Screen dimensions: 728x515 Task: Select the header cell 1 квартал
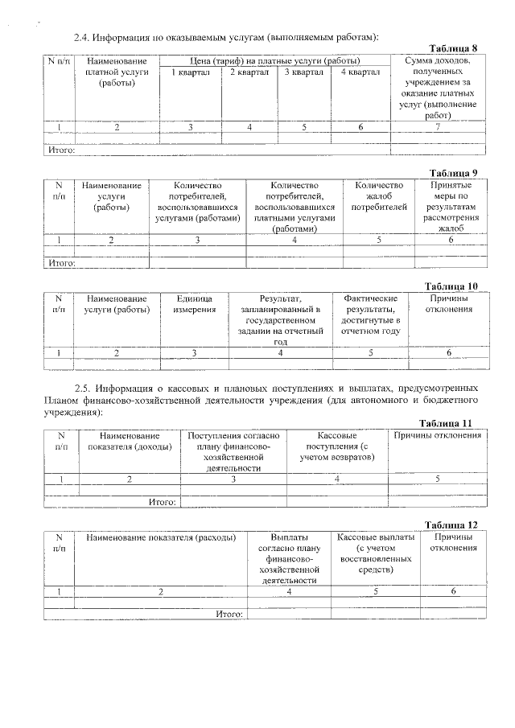coord(191,72)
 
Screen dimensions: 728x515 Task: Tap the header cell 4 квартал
coord(360,72)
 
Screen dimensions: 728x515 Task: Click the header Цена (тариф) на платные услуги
coord(274,61)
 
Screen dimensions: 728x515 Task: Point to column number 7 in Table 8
coord(438,127)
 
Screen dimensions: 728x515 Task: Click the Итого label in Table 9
coord(61,262)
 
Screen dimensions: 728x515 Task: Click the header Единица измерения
coord(194,304)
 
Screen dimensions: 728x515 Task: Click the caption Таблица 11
coord(456,423)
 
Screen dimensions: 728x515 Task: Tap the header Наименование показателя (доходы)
coord(130,441)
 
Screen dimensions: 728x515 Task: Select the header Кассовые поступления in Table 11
coord(336,446)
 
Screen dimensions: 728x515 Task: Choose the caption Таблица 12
coord(456,524)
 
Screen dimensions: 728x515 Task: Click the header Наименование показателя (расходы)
coord(161,537)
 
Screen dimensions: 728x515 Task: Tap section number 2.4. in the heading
coord(82,37)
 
